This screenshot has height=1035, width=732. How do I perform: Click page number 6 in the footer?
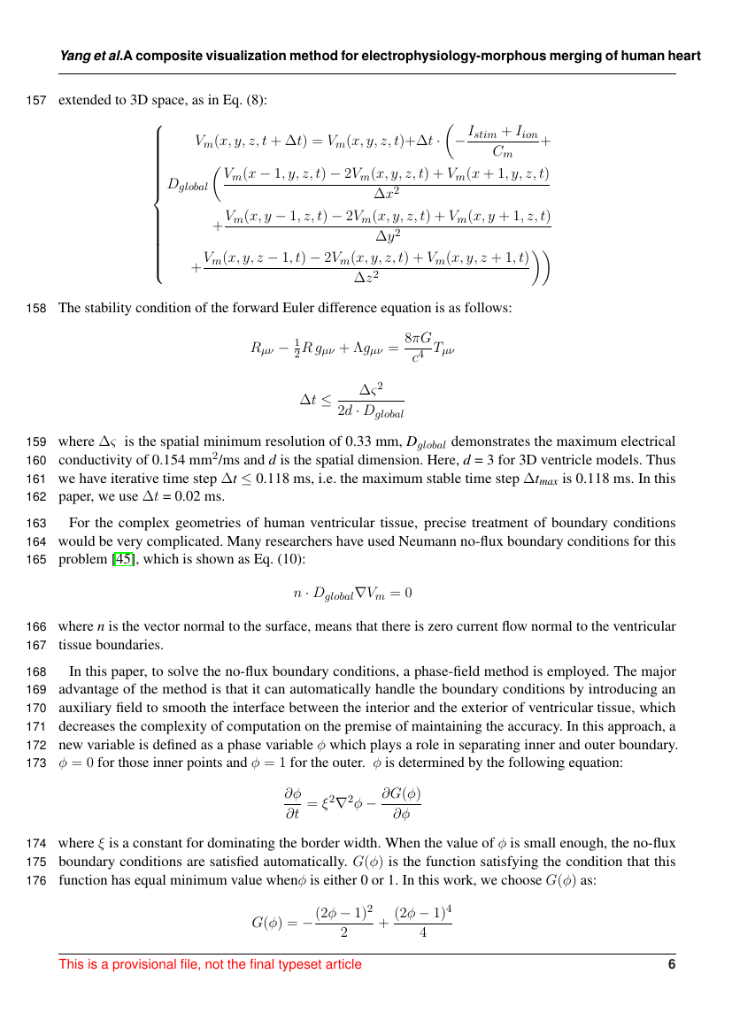(x=672, y=964)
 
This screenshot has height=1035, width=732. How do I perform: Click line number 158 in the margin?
(x=37, y=309)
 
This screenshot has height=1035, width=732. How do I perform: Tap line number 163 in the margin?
(x=37, y=523)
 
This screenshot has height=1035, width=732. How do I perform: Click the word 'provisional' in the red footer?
(x=136, y=964)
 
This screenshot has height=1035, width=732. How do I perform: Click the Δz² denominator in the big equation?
(x=366, y=277)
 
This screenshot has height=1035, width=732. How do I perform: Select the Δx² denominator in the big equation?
(x=387, y=191)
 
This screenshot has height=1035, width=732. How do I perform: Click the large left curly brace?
(x=158, y=204)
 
